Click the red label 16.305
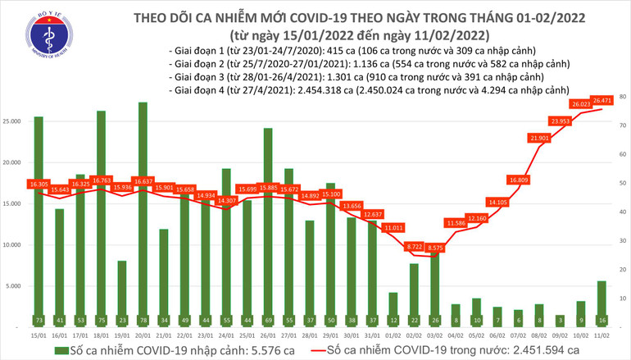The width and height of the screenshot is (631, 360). [39, 185]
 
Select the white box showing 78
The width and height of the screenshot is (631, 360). [143, 319]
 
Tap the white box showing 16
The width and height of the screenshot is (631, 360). [601, 319]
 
